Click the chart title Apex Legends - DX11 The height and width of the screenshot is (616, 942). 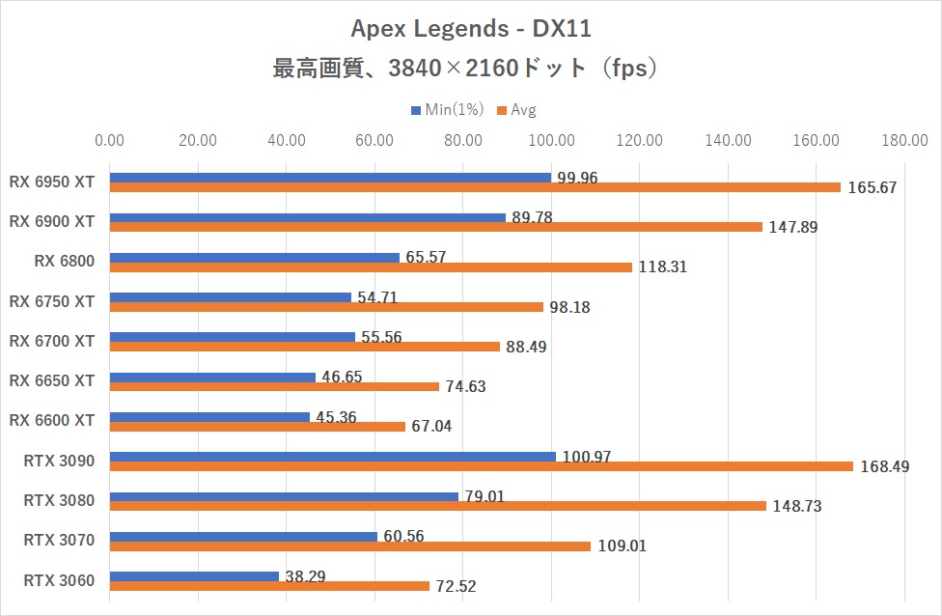470,29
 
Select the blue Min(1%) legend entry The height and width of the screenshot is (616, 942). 447,110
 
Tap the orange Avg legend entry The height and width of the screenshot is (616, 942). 515,110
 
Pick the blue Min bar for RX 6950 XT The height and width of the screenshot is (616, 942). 330,178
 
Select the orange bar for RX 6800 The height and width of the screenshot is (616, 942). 371,267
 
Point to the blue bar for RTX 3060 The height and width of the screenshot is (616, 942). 194,576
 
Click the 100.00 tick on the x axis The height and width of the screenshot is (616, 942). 551,140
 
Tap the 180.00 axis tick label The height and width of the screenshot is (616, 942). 904,140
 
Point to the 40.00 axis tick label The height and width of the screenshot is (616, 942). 287,140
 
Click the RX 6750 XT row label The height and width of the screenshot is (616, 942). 52,301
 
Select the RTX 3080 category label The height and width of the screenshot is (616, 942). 60,500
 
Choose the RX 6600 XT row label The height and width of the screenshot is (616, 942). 52,420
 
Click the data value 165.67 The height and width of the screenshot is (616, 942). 873,187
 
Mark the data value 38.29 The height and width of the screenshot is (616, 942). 305,575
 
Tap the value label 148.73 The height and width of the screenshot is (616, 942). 797,506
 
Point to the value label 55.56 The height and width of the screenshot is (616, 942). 381,337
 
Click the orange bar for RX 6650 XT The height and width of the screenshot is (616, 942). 274,386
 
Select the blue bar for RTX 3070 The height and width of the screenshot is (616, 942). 243,537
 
